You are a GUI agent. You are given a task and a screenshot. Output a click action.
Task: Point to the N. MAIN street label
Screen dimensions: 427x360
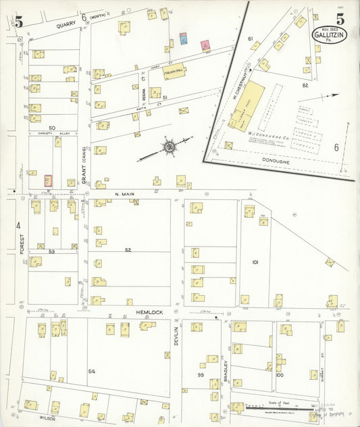125,195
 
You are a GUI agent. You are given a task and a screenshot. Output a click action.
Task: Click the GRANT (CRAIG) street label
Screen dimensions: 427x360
84,166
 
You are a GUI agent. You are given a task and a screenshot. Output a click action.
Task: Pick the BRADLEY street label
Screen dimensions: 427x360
226,372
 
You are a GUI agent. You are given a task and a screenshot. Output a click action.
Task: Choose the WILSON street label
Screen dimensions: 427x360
47,418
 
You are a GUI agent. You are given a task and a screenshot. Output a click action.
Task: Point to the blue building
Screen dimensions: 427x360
183,39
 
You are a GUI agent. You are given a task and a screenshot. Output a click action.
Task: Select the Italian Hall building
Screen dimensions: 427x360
174,72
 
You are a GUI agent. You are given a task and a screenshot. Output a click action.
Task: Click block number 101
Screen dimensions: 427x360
255,261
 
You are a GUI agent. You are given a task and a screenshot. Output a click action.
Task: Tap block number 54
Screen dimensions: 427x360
92,372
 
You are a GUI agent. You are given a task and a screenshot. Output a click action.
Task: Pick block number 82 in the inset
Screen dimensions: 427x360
306,85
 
